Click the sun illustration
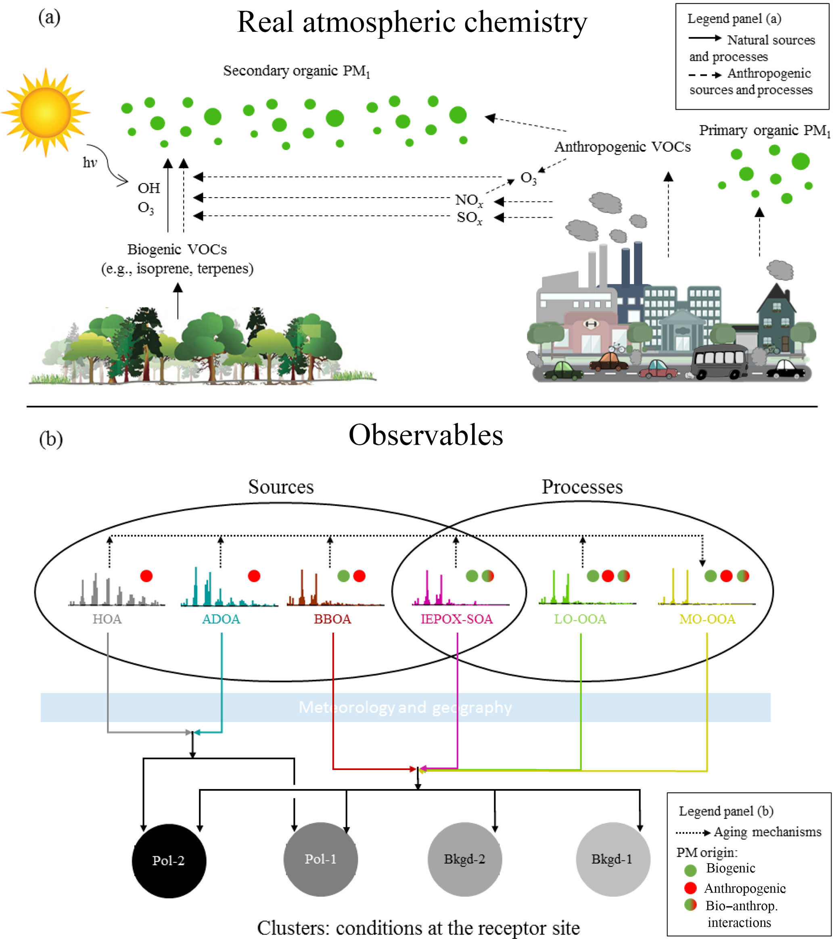(45, 112)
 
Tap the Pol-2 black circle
(169, 860)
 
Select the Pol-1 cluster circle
(320, 859)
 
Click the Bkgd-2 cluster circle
(464, 859)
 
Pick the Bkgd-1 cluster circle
(612, 859)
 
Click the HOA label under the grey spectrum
(107, 619)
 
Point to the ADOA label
(221, 619)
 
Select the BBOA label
(332, 619)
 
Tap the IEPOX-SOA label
(456, 619)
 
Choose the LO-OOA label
(580, 619)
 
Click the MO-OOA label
(707, 619)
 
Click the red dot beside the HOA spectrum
(146, 576)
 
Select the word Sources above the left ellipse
(281, 487)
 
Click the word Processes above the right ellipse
(582, 487)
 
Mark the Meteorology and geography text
(405, 708)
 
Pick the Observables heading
(426, 435)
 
